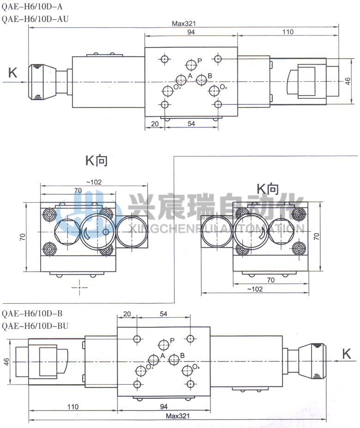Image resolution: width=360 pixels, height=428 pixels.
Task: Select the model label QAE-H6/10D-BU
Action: (x=35, y=326)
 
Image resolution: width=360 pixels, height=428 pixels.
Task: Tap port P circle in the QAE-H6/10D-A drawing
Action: (x=191, y=64)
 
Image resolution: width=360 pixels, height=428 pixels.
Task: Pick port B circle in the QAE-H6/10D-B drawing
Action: (x=174, y=360)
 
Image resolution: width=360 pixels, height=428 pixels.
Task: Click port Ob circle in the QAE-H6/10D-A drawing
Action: (x=213, y=90)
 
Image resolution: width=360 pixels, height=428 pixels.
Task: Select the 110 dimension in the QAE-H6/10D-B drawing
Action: (x=72, y=407)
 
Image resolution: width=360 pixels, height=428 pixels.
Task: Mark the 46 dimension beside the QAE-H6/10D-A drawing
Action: (x=348, y=81)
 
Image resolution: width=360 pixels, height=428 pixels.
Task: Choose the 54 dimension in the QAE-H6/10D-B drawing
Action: (x=163, y=313)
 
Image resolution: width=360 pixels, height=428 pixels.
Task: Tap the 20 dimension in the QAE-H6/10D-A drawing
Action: (x=155, y=124)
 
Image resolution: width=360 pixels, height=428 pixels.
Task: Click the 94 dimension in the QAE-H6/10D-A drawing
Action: (x=191, y=32)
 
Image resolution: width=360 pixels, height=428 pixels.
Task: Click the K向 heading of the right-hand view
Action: (x=268, y=189)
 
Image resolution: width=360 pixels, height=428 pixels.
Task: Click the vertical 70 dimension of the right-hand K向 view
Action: (x=316, y=236)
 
